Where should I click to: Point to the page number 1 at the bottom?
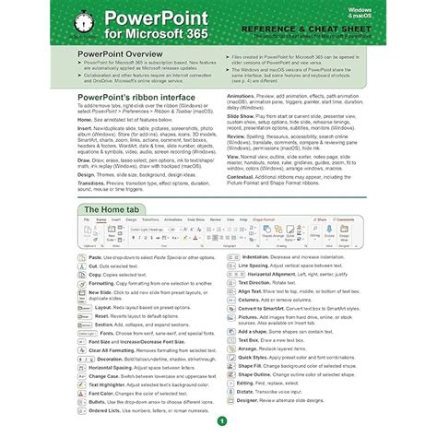coord(221,420)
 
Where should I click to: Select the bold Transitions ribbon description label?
coord(94,183)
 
